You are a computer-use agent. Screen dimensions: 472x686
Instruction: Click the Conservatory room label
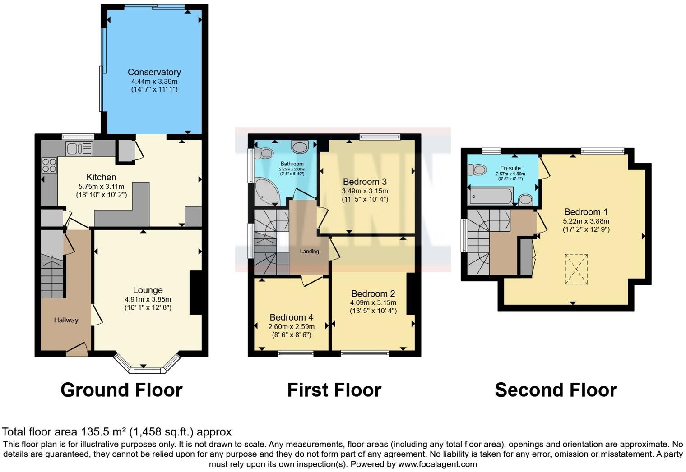click(x=154, y=72)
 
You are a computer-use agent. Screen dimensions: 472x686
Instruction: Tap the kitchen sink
click(x=79, y=148)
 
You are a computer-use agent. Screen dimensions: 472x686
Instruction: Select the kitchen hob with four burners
click(x=49, y=165)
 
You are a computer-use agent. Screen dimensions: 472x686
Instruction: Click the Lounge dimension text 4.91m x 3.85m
click(x=148, y=299)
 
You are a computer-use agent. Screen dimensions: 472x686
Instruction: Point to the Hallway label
click(x=66, y=320)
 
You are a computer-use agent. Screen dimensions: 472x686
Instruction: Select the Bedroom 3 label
click(x=365, y=182)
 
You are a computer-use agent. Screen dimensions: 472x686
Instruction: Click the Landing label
click(x=309, y=251)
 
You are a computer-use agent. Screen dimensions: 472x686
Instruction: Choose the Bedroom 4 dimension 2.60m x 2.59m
click(x=291, y=326)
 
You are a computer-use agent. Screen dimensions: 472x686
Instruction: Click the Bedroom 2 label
click(x=373, y=293)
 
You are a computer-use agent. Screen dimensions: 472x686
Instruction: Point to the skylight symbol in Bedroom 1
click(x=576, y=269)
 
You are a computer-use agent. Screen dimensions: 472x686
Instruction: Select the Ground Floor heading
click(x=121, y=390)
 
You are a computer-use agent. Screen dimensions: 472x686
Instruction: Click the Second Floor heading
click(x=556, y=390)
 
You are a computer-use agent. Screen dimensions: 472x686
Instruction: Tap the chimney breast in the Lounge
click(x=195, y=293)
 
